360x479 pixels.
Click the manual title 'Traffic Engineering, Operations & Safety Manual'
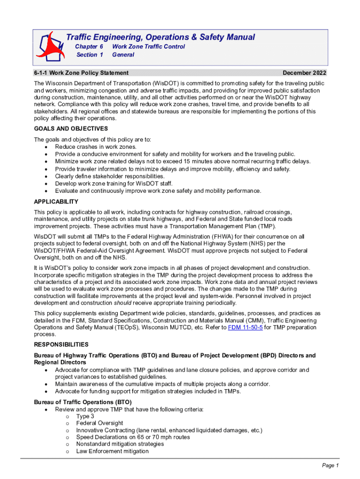(x=160, y=37)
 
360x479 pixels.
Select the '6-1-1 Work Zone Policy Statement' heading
(x=81, y=73)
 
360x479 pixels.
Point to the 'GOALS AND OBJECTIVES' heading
(x=71, y=129)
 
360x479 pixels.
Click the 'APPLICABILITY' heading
(x=56, y=202)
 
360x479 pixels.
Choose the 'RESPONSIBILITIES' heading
(x=60, y=344)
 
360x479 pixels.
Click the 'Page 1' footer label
(x=330, y=465)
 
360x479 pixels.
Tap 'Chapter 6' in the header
(x=89, y=47)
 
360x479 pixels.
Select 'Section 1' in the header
(x=90, y=55)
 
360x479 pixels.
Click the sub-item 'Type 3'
(x=85, y=416)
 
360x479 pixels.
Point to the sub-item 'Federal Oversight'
(x=100, y=423)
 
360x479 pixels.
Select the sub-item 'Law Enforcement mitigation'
(x=112, y=451)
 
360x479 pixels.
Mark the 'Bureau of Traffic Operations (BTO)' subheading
(x=83, y=402)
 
